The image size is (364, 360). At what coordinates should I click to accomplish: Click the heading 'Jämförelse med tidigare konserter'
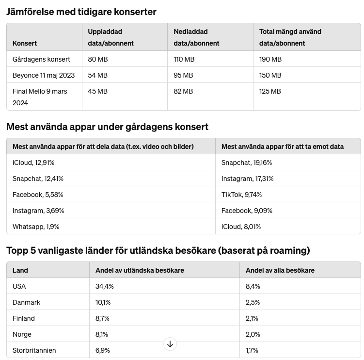pos(81,12)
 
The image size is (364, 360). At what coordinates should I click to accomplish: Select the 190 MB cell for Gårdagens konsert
pos(270,59)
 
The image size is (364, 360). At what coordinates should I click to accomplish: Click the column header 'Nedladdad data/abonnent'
pos(196,37)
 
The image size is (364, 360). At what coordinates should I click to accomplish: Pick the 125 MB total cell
pos(270,91)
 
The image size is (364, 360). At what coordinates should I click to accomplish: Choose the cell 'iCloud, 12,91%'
pos(34,163)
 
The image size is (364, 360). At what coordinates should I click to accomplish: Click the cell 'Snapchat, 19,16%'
pos(247,163)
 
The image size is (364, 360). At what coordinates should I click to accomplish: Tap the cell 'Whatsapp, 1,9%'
pos(36,227)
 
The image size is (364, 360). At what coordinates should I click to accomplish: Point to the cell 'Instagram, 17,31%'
pos(247,179)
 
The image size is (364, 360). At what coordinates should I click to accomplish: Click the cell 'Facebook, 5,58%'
pos(38,195)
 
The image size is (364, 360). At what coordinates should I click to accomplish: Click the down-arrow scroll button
pos(170,344)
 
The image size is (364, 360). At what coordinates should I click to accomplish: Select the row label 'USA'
pos(19,286)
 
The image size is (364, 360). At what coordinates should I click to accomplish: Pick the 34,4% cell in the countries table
pos(105,286)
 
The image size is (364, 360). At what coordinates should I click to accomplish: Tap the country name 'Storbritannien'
pos(34,350)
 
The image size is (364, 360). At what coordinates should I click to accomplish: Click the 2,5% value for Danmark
pos(253,302)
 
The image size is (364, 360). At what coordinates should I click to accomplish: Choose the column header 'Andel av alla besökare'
pos(280,270)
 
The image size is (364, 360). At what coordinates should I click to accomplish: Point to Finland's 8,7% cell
pos(103,318)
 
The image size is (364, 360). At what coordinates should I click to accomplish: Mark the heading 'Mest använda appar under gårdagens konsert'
pos(107,127)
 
